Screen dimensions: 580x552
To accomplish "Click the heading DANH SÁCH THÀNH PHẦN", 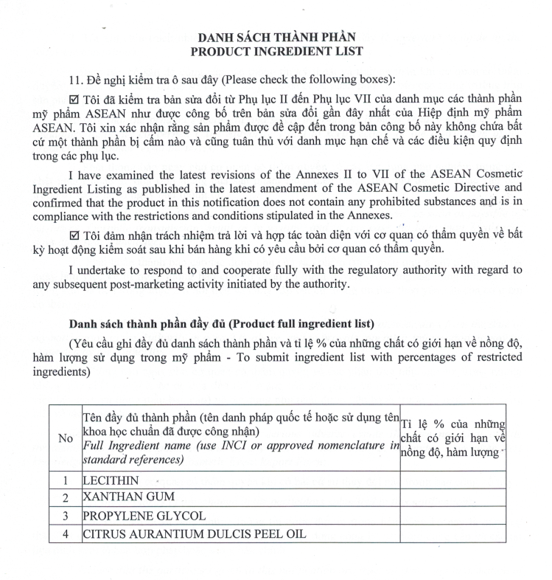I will pyautogui.click(x=276, y=37).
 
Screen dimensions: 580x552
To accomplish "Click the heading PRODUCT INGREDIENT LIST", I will pyautogui.click(x=276, y=51).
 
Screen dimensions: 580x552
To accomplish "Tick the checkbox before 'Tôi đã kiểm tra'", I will pyautogui.click(x=73, y=97).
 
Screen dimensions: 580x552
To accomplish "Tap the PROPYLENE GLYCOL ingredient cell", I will pyautogui.click(x=144, y=515).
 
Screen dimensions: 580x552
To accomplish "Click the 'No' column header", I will pyautogui.click(x=65, y=438).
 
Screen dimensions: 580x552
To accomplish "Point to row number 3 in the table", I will pyautogui.click(x=65, y=515).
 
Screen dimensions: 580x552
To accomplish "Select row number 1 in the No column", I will pyautogui.click(x=65, y=480).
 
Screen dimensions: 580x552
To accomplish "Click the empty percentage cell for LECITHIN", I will pyautogui.click(x=453, y=480).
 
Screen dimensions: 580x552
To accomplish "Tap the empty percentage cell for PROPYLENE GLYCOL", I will pyautogui.click(x=453, y=515).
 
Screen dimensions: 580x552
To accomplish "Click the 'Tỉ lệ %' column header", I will pyautogui.click(x=453, y=438).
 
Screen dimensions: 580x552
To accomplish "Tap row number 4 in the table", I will pyautogui.click(x=65, y=533).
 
